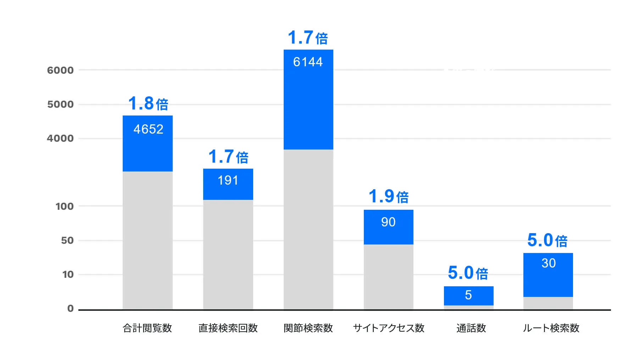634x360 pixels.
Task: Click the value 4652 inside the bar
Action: click(x=148, y=129)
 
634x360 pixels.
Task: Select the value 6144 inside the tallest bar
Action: click(x=308, y=62)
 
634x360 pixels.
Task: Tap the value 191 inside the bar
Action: click(x=228, y=180)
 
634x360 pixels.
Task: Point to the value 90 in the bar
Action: click(x=388, y=222)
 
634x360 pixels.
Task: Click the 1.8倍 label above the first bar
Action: click(x=148, y=103)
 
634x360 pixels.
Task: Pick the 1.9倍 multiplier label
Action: click(x=389, y=196)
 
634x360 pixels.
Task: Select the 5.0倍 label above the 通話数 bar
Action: click(x=468, y=273)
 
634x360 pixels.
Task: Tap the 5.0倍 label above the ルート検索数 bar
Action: click(x=547, y=240)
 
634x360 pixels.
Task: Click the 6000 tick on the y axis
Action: click(x=60, y=70)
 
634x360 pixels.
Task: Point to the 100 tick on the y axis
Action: click(x=65, y=206)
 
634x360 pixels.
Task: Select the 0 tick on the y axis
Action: click(x=71, y=309)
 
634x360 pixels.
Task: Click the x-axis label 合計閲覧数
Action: click(x=147, y=328)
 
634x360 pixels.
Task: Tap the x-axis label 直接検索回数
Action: click(x=228, y=328)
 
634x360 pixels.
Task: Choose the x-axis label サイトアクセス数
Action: click(x=389, y=328)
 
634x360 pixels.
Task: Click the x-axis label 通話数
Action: click(x=471, y=328)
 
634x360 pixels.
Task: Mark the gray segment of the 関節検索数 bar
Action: click(x=308, y=229)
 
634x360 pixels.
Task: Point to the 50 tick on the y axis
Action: click(x=67, y=241)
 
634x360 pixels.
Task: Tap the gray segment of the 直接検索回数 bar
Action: click(x=228, y=254)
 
